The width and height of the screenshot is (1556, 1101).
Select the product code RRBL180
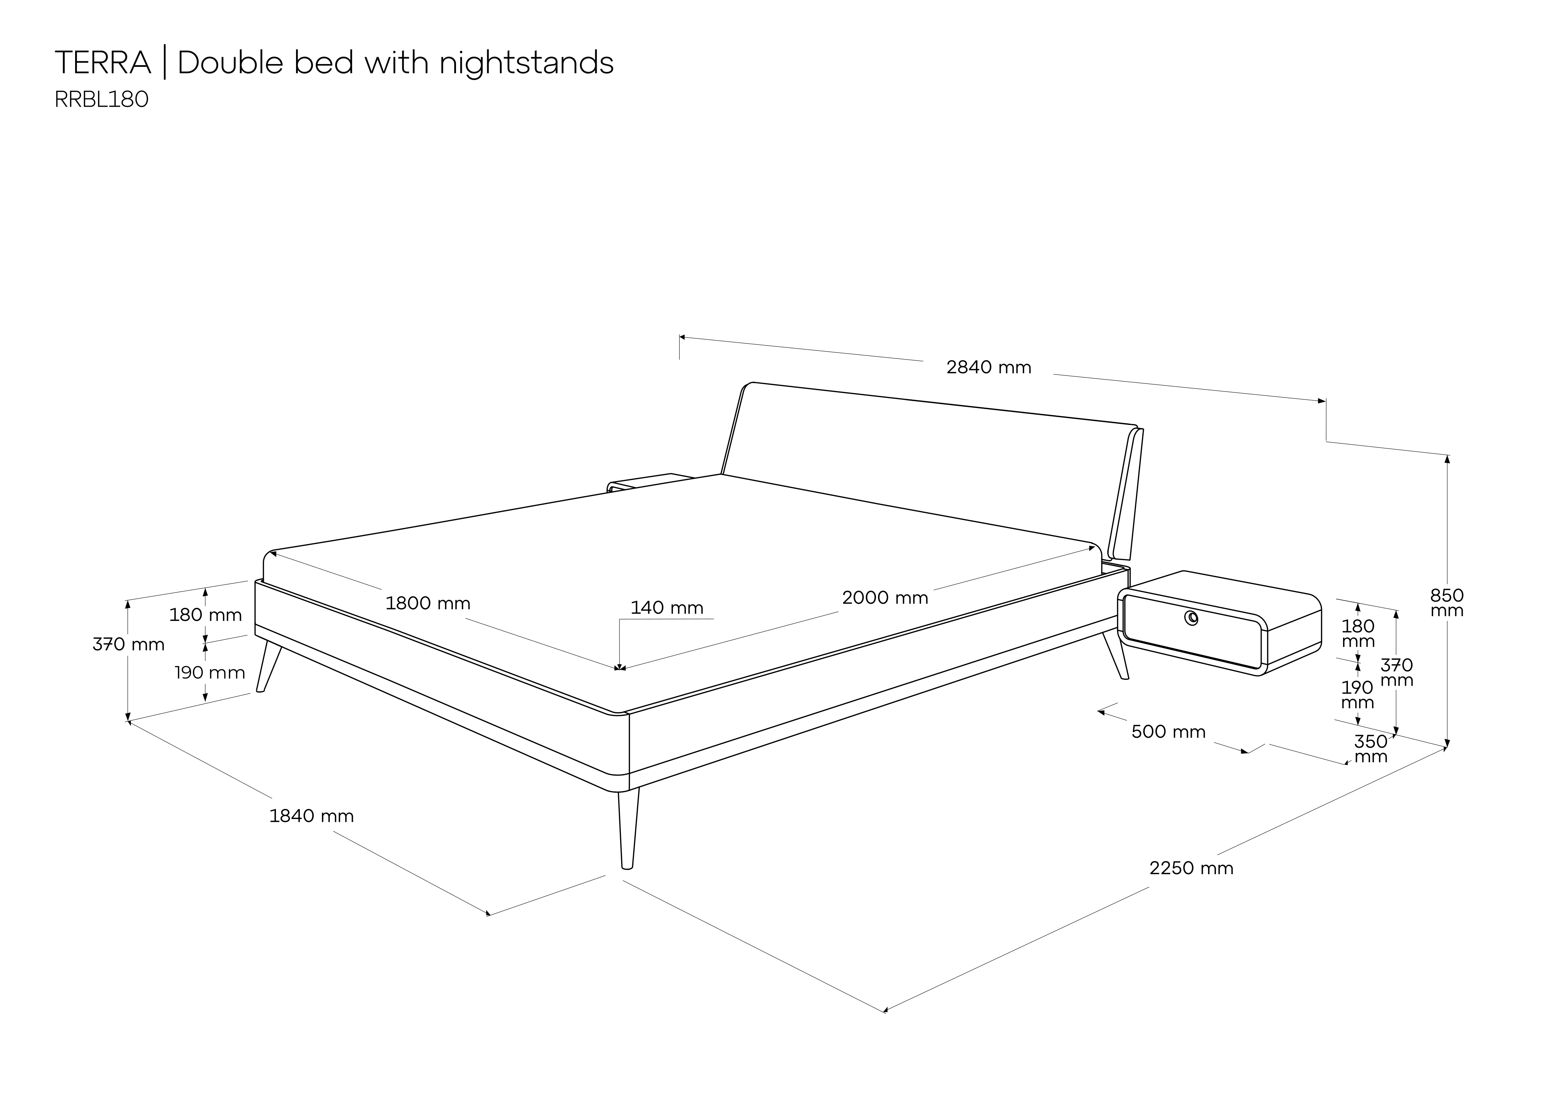(x=102, y=100)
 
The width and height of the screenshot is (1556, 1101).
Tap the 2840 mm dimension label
(x=989, y=367)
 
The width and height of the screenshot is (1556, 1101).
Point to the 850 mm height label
(x=1447, y=603)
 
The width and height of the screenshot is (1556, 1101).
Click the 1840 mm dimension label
(x=312, y=816)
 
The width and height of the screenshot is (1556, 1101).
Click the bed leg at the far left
(x=268, y=668)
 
